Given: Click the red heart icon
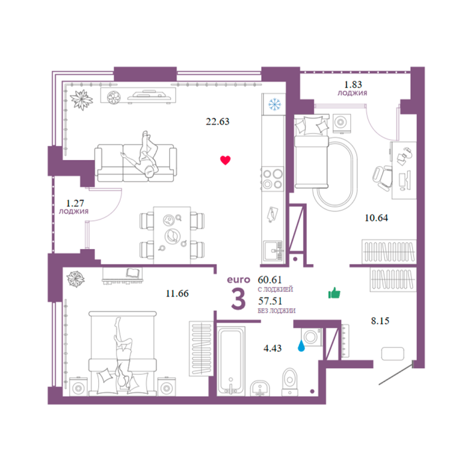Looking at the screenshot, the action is coord(225,160).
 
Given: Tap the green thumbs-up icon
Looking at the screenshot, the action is coord(334,293).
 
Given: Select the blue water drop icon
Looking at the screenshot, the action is coord(301,346).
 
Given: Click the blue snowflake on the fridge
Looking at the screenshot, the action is coord(274,104).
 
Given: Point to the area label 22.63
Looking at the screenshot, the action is coord(218,121).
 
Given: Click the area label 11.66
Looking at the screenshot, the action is coord(177,294).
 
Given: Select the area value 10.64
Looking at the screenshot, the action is coord(376,218).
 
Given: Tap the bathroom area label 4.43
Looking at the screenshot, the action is coord(272,348).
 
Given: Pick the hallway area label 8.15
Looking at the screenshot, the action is coord(380,321).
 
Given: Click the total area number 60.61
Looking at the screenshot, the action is coord(270,280).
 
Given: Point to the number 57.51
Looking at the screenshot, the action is coord(270,301).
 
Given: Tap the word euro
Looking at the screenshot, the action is coord(239,280).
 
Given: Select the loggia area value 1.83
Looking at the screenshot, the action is coord(353,85).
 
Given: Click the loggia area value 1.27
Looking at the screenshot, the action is coord(75,204).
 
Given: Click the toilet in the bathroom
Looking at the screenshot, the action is coord(289,382).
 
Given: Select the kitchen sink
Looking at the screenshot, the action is coord(273,251).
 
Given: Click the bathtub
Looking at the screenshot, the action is coord(231,361).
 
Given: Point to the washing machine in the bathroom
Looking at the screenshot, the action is coord(312,337).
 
